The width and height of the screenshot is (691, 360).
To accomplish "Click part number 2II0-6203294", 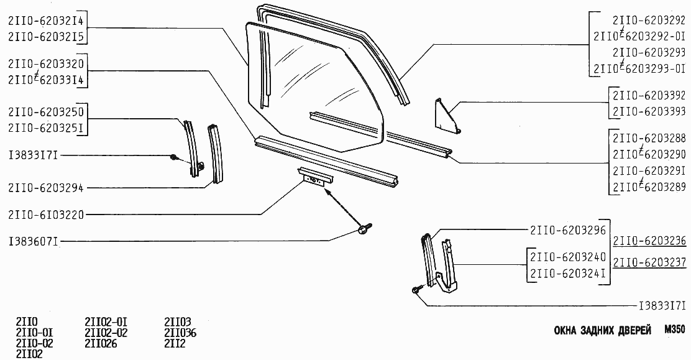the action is point(46,188).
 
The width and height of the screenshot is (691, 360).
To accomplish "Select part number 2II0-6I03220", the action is point(46,215).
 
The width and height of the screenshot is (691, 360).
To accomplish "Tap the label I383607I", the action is point(34,242).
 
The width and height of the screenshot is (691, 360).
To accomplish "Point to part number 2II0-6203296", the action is point(569,230).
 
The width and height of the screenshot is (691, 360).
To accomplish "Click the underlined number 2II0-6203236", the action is point(649,241).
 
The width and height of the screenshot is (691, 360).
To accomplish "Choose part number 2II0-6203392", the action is point(649,95).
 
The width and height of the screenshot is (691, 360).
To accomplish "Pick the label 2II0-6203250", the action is point(46,112).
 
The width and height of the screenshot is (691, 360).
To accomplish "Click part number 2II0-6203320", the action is point(46,65).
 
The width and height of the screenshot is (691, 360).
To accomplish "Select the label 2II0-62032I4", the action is point(46,21).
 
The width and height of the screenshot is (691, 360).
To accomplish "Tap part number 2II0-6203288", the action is point(649,138).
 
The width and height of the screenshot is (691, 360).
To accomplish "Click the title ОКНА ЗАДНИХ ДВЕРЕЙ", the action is point(602,331).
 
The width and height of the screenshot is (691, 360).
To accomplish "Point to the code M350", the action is point(674,330).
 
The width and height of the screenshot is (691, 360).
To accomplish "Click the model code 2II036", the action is point(180,333).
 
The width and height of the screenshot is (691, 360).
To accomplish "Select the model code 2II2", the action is point(175,343).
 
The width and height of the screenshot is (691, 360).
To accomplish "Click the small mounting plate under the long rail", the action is point(316,177).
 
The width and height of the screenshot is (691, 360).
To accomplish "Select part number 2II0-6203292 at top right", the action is point(649,20).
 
